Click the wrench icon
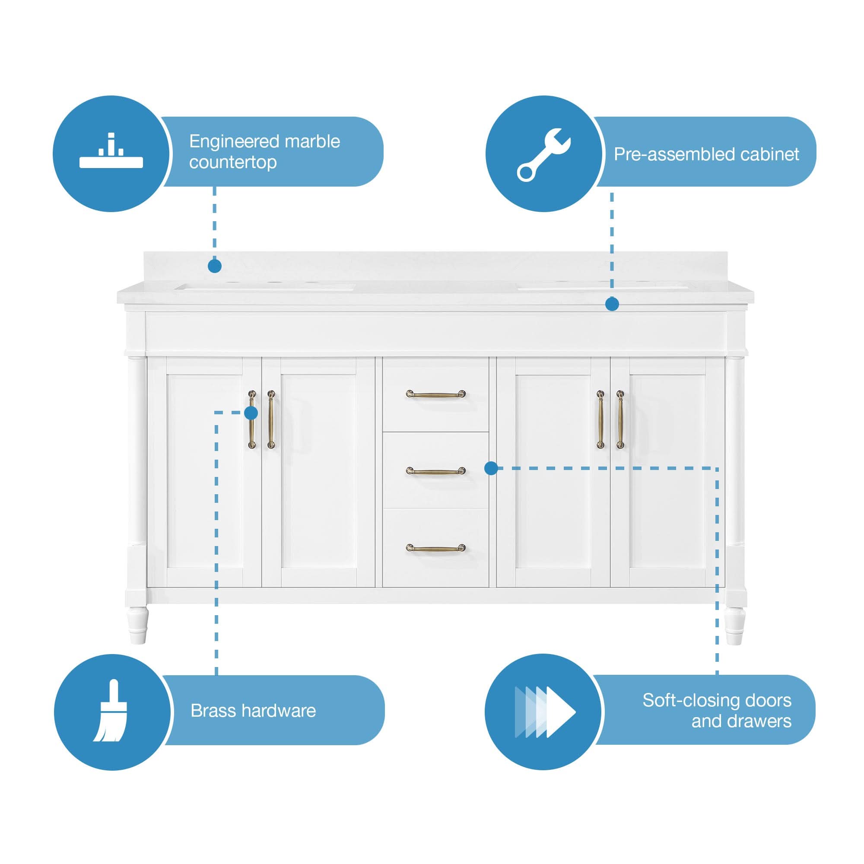coord(543,154)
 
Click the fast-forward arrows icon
coord(545,712)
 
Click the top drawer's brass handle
coord(435,394)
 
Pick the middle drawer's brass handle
coord(435,471)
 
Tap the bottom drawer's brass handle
coord(435,548)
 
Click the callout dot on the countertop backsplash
coord(215,266)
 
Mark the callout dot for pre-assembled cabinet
coord(612,305)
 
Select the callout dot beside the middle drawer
coord(491,468)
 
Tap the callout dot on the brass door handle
coord(251,413)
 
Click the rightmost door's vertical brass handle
coord(620,419)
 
